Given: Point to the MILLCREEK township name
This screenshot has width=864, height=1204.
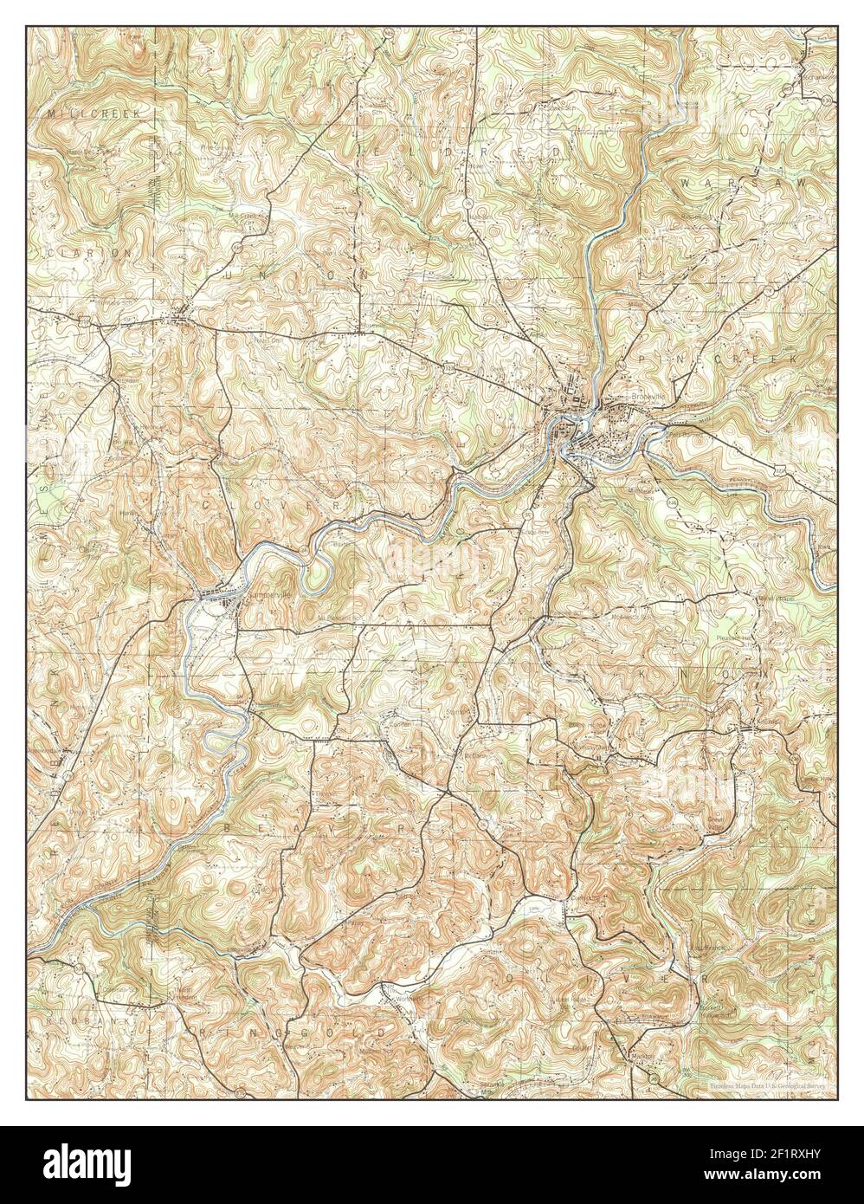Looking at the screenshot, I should click(x=87, y=113).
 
